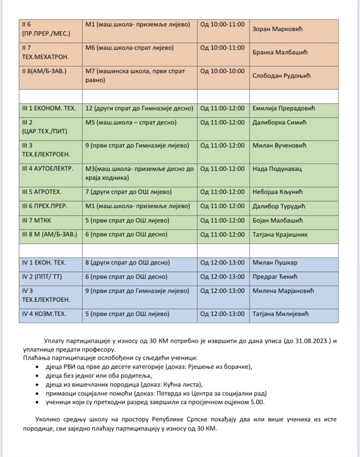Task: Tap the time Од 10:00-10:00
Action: [222, 71]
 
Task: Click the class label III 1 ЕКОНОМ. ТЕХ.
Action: [49, 108]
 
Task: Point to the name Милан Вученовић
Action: [280, 145]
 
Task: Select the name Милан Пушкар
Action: [275, 262]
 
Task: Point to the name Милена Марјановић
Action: [283, 291]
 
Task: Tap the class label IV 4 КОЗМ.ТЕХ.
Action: [44, 314]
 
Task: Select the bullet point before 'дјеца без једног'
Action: [37, 376]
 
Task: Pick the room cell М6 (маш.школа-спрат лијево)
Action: [130, 47]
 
